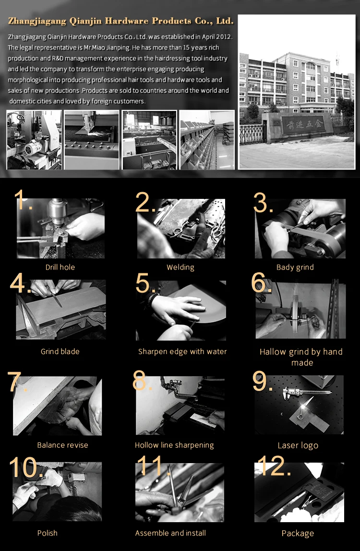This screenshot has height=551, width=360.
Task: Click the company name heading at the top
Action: coord(121,21)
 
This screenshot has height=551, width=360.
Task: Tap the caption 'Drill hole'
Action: coord(60,267)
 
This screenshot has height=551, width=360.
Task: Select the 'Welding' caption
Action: coord(180,267)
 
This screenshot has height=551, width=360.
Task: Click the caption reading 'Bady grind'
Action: coord(295,267)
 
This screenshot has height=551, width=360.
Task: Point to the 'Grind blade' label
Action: coord(60,352)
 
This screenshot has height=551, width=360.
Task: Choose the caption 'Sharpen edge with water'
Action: coord(182,352)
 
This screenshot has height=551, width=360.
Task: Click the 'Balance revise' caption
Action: coord(62,445)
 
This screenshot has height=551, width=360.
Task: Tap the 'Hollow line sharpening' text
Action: coord(174,445)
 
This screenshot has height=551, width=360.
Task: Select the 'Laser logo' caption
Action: coord(298,446)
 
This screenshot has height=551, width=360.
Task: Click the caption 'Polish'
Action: coord(48,533)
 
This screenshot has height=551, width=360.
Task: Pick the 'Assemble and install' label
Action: coord(170,533)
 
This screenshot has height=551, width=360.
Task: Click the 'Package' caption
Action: coord(298,533)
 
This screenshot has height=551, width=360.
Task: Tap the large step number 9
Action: coord(262,382)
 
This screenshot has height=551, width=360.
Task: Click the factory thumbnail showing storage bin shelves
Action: coord(207,139)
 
